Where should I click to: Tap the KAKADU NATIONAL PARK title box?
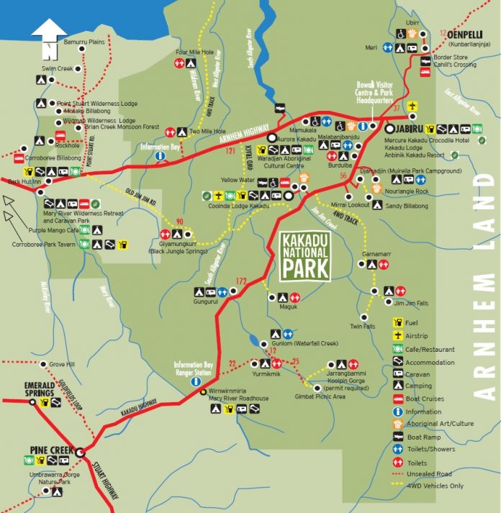pyautogui.click(x=304, y=255)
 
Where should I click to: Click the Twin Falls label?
pyautogui.click(x=362, y=326)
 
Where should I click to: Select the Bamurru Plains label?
pyautogui.click(x=84, y=42)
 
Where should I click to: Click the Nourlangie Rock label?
pyautogui.click(x=407, y=191)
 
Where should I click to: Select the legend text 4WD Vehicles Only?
pyautogui.click(x=440, y=485)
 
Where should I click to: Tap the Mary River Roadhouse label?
pyautogui.click(x=238, y=398)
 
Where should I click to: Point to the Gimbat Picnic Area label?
pyautogui.click(x=320, y=396)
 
